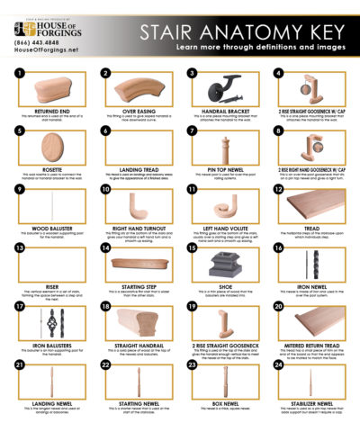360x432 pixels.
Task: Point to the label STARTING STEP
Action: (137, 288)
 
